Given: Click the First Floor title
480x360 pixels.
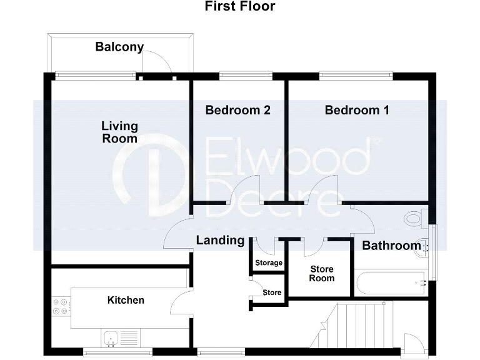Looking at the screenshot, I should pyautogui.click(x=240, y=7).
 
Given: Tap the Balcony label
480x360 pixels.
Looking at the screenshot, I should pyautogui.click(x=119, y=47).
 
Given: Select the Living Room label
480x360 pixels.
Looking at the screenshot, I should pyautogui.click(x=119, y=132).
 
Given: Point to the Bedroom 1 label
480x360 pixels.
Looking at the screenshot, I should pyautogui.click(x=357, y=111).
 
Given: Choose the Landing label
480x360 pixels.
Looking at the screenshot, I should pyautogui.click(x=220, y=240).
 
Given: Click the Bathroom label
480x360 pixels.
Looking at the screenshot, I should pyautogui.click(x=391, y=246).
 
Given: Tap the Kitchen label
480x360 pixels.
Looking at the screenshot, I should pyautogui.click(x=126, y=300).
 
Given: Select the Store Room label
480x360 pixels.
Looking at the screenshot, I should pyautogui.click(x=322, y=274).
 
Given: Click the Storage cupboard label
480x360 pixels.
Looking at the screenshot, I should pyautogui.click(x=269, y=263).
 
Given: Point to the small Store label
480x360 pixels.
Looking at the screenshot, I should pyautogui.click(x=272, y=292).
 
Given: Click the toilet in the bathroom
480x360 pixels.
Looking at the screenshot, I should pyautogui.click(x=414, y=219).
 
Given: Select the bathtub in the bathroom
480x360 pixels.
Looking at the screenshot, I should pyautogui.click(x=391, y=283).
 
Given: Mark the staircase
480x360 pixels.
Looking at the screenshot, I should pyautogui.click(x=353, y=325).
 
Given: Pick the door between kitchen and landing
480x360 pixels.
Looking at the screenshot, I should pyautogui.click(x=180, y=303).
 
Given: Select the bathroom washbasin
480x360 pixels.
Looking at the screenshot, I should pyautogui.click(x=422, y=246).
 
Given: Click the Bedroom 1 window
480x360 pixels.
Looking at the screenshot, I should pyautogui.click(x=356, y=76).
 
